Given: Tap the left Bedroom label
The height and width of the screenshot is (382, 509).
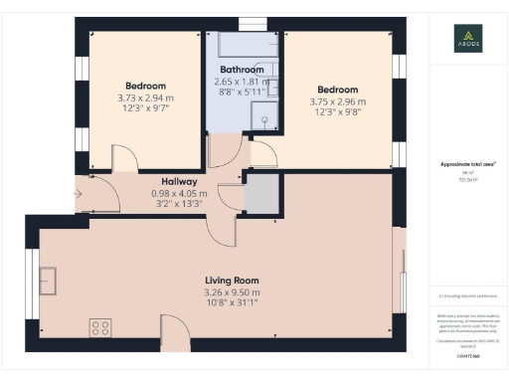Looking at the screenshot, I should tap(145, 86).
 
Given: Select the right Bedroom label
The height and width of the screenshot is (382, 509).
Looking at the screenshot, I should tap(337, 89).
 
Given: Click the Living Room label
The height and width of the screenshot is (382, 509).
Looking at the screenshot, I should tap(232, 281).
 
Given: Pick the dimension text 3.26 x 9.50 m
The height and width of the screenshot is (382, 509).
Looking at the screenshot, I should tap(232, 292).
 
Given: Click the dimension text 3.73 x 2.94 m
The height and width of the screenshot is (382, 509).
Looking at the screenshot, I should tap(145, 97).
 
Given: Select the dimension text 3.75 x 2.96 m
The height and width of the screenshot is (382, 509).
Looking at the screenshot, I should tap(337, 100).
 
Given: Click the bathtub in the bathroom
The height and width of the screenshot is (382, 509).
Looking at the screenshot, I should tap(244, 44).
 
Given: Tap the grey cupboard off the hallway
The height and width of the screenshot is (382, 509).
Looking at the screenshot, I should tap(261, 192).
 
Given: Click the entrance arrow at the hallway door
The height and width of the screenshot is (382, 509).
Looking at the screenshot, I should tap(79, 195).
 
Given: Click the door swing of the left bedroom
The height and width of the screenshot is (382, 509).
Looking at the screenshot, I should tap(124, 157).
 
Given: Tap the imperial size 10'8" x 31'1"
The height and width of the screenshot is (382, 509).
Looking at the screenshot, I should tap(232, 304).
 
